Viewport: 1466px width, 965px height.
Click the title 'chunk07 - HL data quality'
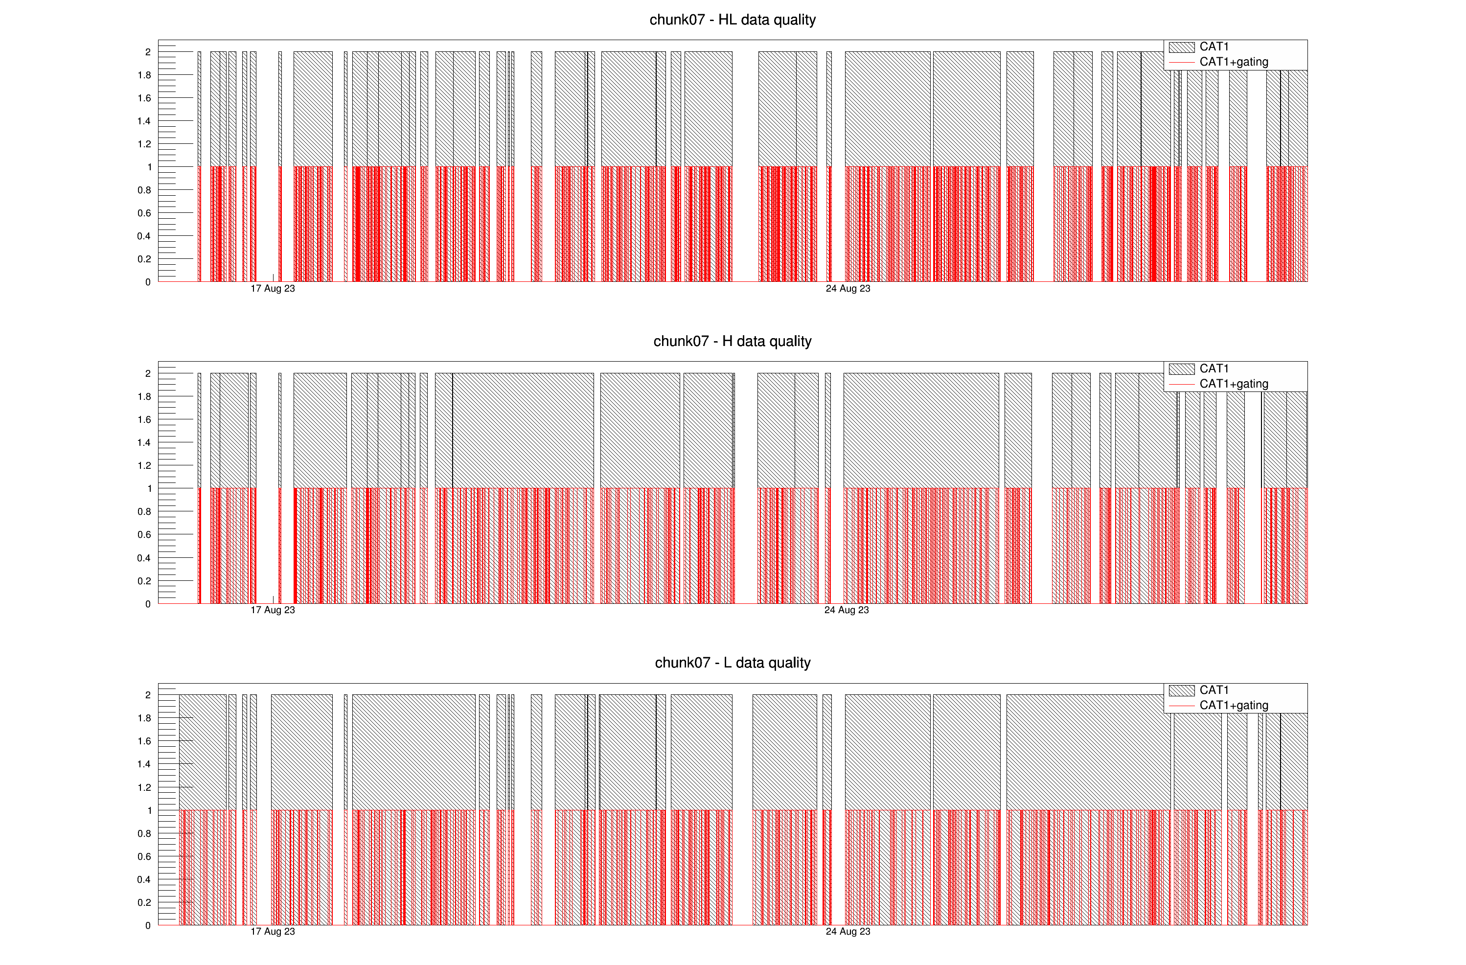click(733, 20)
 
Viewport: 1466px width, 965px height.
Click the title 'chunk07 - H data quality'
click(733, 341)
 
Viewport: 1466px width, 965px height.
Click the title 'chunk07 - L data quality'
click(733, 663)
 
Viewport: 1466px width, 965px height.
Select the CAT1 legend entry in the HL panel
click(1213, 47)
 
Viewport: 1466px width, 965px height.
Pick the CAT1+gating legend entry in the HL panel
click(1233, 62)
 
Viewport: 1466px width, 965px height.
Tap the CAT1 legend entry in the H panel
click(1213, 368)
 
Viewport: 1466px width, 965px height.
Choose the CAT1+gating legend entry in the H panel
click(1233, 384)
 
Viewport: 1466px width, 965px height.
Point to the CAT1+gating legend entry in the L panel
click(1233, 705)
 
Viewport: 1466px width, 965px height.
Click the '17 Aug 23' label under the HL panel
click(273, 289)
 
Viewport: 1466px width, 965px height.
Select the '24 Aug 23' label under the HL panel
click(848, 289)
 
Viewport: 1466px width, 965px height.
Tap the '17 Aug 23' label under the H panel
click(273, 610)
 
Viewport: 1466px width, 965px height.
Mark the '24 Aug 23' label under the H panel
click(847, 610)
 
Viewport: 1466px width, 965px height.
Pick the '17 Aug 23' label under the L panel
click(273, 932)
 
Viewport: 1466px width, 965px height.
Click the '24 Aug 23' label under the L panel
click(848, 932)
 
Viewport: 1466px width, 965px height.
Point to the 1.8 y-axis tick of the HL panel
click(144, 75)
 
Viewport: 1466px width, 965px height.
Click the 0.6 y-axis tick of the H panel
click(144, 534)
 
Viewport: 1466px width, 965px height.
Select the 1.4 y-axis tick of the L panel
click(144, 764)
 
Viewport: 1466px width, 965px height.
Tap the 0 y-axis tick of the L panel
click(148, 925)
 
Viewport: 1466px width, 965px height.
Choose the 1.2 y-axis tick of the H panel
click(144, 465)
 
